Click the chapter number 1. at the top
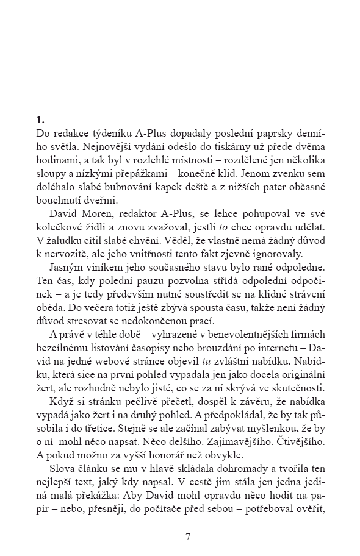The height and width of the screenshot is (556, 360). (40, 119)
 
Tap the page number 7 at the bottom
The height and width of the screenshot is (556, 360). (189, 536)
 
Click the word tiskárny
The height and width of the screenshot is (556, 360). (252, 146)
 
